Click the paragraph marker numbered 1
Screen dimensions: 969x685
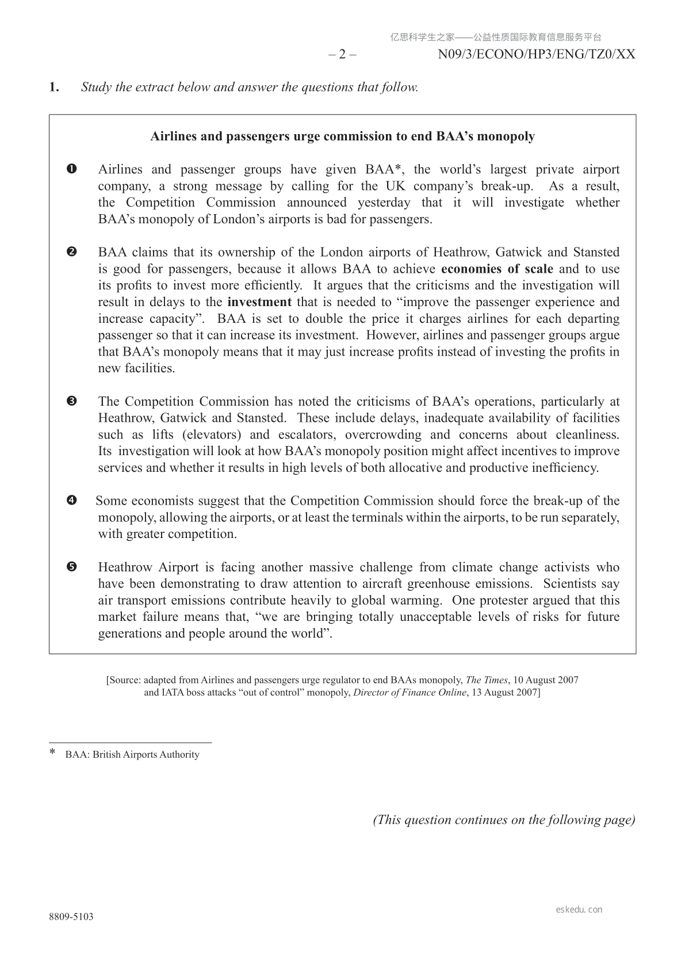72,169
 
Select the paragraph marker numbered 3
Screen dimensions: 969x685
72,401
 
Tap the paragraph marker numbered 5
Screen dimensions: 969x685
72,567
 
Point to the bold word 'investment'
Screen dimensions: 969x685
259,302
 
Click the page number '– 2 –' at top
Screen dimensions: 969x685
342,55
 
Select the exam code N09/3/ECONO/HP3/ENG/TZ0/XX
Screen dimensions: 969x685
537,55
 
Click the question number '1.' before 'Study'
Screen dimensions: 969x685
54,87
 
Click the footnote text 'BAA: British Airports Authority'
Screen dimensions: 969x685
132,754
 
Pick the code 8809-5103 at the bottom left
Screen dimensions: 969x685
71,917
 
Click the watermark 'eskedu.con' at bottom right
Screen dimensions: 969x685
579,910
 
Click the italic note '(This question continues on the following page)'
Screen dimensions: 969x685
504,820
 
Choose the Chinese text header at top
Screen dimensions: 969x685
496,37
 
